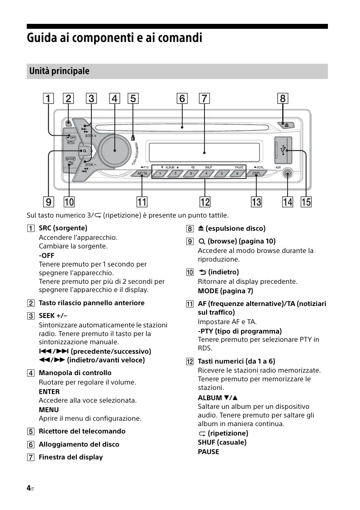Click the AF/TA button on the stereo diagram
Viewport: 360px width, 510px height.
(142, 174)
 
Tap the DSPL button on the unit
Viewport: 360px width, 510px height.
(256, 174)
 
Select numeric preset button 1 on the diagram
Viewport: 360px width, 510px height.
(160, 174)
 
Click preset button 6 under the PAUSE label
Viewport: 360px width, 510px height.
(237, 174)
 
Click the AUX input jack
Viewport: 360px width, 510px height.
(287, 174)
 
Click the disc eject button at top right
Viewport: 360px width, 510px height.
(287, 124)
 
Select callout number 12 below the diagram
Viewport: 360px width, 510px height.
(204, 202)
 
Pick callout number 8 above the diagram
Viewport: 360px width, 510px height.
(283, 99)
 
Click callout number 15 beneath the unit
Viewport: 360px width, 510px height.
(306, 202)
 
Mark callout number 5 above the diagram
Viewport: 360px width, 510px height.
(133, 99)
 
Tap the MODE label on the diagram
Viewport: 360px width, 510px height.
(70, 159)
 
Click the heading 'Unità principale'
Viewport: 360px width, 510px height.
(59, 71)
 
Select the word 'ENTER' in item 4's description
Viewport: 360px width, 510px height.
(49, 392)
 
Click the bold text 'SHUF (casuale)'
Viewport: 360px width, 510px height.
(222, 442)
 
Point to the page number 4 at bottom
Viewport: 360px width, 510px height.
(28, 488)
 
